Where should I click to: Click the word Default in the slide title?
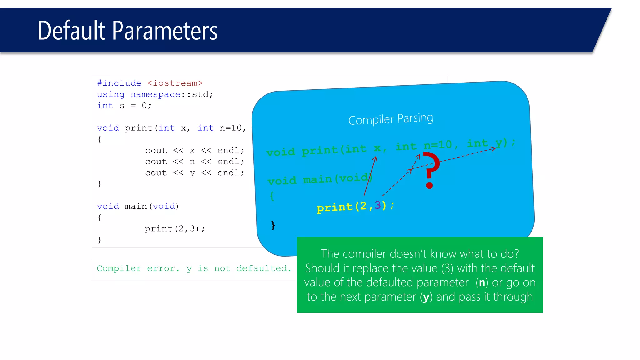pyautogui.click(x=71, y=31)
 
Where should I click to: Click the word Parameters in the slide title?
pyautogui.click(x=165, y=31)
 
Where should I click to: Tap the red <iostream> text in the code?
pyautogui.click(x=175, y=83)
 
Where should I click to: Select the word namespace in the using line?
pyautogui.click(x=155, y=94)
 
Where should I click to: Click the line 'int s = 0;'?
pyautogui.click(x=124, y=106)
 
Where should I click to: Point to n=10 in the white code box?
pyautogui.click(x=231, y=128)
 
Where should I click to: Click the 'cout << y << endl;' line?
pyautogui.click(x=194, y=173)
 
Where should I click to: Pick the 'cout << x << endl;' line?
pyautogui.click(x=194, y=150)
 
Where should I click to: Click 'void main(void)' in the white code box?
pyautogui.click(x=138, y=206)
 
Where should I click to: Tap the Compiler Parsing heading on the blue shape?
pyautogui.click(x=391, y=119)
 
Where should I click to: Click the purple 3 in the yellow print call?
pyautogui.click(x=378, y=205)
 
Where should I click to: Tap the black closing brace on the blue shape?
pyautogui.click(x=273, y=225)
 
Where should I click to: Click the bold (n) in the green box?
pyautogui.click(x=482, y=282)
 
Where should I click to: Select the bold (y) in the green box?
pyautogui.click(x=426, y=297)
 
